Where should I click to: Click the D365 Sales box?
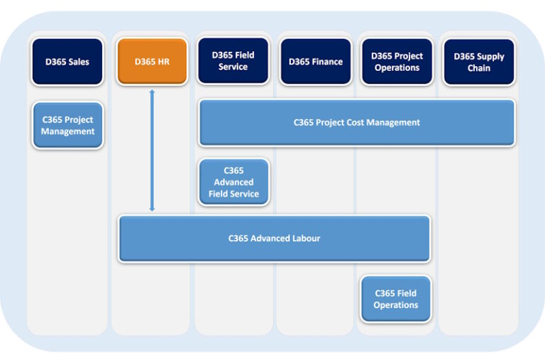pyautogui.click(x=67, y=62)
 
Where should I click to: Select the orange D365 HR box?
pyautogui.click(x=152, y=62)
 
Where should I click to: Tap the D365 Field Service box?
pyautogui.click(x=233, y=62)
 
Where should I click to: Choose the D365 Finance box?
pyautogui.click(x=315, y=62)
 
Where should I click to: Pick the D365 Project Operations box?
pyautogui.click(x=397, y=62)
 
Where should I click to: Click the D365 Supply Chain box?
pyautogui.click(x=478, y=62)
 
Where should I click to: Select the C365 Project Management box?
pyautogui.click(x=67, y=126)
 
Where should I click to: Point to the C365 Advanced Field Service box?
pyautogui.click(x=233, y=182)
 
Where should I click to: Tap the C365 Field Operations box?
pyautogui.click(x=395, y=299)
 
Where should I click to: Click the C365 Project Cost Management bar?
pyautogui.click(x=357, y=122)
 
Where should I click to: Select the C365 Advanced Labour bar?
pyautogui.click(x=274, y=239)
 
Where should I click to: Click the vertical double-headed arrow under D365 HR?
pyautogui.click(x=152, y=151)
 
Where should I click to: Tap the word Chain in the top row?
pyautogui.click(x=478, y=68)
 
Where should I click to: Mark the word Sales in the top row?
pyautogui.click(x=78, y=62)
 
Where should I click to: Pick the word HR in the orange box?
pyautogui.click(x=163, y=62)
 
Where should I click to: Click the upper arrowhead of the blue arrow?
pyautogui.click(x=152, y=92)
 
